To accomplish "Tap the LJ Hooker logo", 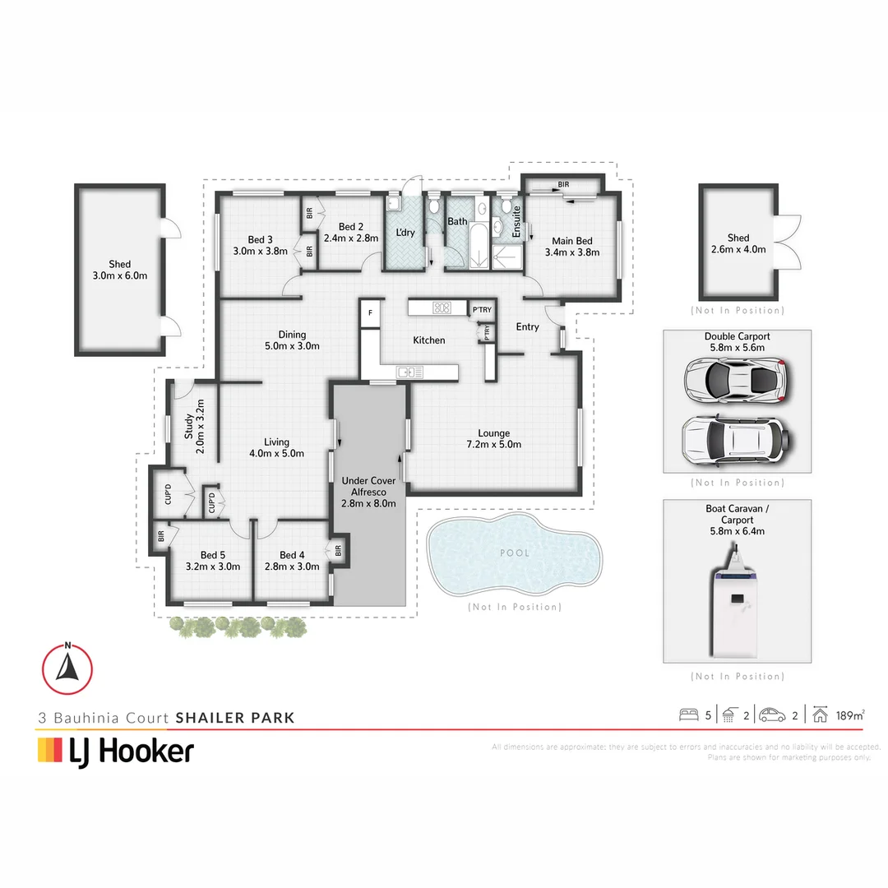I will point(116,750).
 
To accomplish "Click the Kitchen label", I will point(428,340).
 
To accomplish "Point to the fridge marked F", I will point(370,313).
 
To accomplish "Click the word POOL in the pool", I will point(516,553).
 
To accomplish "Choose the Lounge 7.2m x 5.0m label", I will point(494,438).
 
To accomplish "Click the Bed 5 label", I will point(211,560).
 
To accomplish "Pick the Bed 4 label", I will point(293,560).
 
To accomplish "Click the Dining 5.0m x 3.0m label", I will point(292,340).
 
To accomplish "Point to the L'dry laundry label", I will point(405,233).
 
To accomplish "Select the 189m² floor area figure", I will point(849,715).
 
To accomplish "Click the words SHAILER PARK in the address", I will point(234,718).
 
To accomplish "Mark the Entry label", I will point(527,326).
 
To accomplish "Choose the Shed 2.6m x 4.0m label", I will point(738,243).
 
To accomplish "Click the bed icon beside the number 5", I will point(687,715).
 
